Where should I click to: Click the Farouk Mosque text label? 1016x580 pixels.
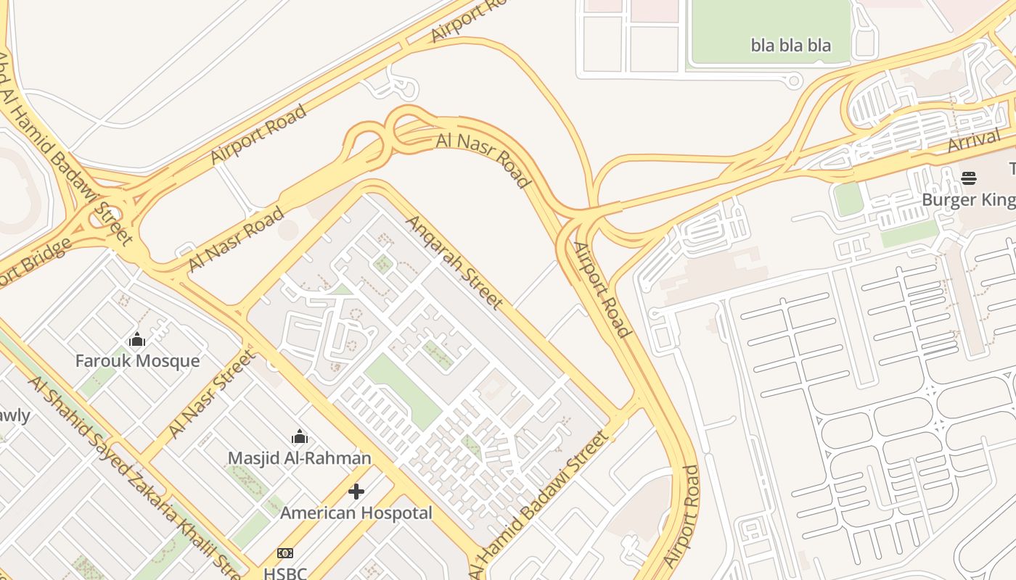pyautogui.click(x=137, y=360)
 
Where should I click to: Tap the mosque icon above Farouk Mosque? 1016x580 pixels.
pyautogui.click(x=137, y=339)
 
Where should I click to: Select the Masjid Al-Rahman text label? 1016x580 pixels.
pyautogui.click(x=299, y=458)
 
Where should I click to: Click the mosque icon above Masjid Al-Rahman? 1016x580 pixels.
pyautogui.click(x=299, y=436)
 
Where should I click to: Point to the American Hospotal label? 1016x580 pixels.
pyautogui.click(x=356, y=513)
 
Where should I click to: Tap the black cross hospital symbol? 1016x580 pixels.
pyautogui.click(x=356, y=492)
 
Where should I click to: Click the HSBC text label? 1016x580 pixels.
pyautogui.click(x=285, y=573)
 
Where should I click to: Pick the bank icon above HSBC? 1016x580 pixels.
pyautogui.click(x=285, y=553)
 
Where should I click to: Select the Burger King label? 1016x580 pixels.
pyautogui.click(x=968, y=200)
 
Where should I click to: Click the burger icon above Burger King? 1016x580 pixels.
pyautogui.click(x=968, y=178)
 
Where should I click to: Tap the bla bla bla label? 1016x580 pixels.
pyautogui.click(x=790, y=46)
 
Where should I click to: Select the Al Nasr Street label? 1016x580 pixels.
pyautogui.click(x=211, y=394)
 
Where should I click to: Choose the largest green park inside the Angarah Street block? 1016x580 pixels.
pyautogui.click(x=403, y=390)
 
